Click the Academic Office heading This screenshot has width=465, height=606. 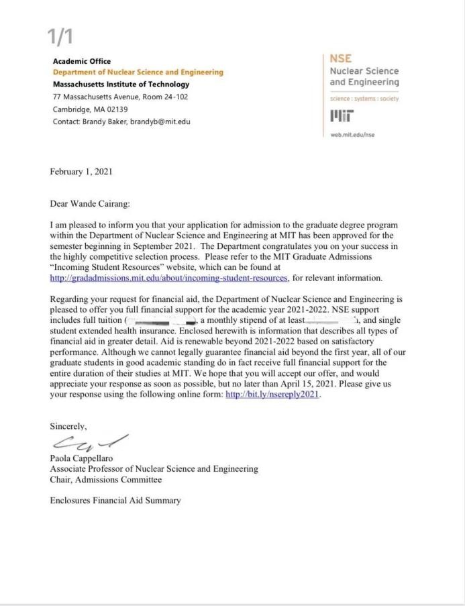[82, 61]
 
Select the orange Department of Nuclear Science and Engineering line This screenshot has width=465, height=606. [138, 72]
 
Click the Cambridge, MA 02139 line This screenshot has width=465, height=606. [90, 109]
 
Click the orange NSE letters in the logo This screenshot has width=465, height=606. [341, 59]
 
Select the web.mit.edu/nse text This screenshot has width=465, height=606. [352, 134]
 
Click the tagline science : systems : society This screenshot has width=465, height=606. [364, 99]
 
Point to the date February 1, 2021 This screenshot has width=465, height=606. [81, 172]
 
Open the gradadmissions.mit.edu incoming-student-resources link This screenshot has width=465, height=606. [168, 278]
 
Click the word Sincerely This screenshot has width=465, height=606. [68, 426]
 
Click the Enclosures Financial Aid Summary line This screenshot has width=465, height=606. [115, 500]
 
